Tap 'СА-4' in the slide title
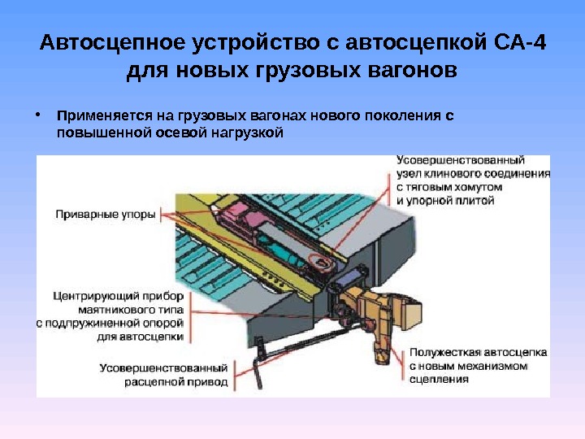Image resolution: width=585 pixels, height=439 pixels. click(519, 42)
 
